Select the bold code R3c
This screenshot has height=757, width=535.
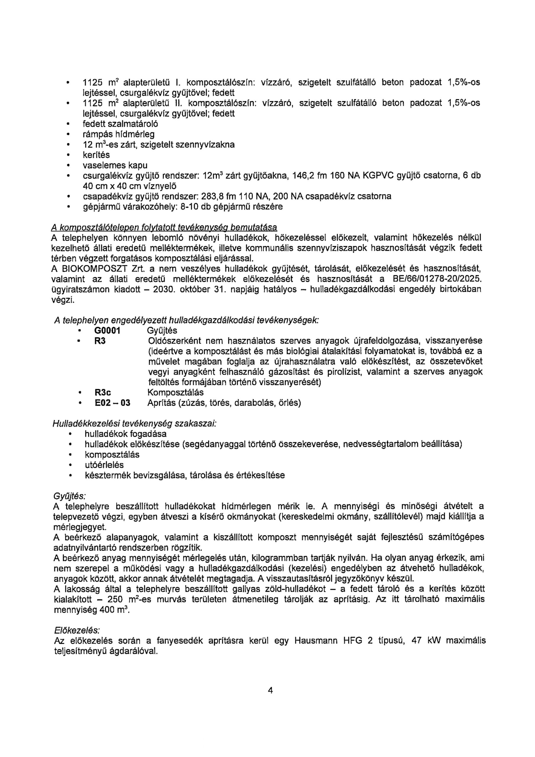click(103, 393)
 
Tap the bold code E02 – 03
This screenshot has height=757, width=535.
click(112, 403)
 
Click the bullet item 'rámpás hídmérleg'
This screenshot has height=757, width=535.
click(118, 135)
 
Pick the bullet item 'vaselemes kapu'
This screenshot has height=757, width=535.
click(115, 165)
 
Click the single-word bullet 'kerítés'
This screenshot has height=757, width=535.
click(96, 155)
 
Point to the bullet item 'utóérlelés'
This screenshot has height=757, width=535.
click(104, 465)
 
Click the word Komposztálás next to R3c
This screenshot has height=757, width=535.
click(175, 393)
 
